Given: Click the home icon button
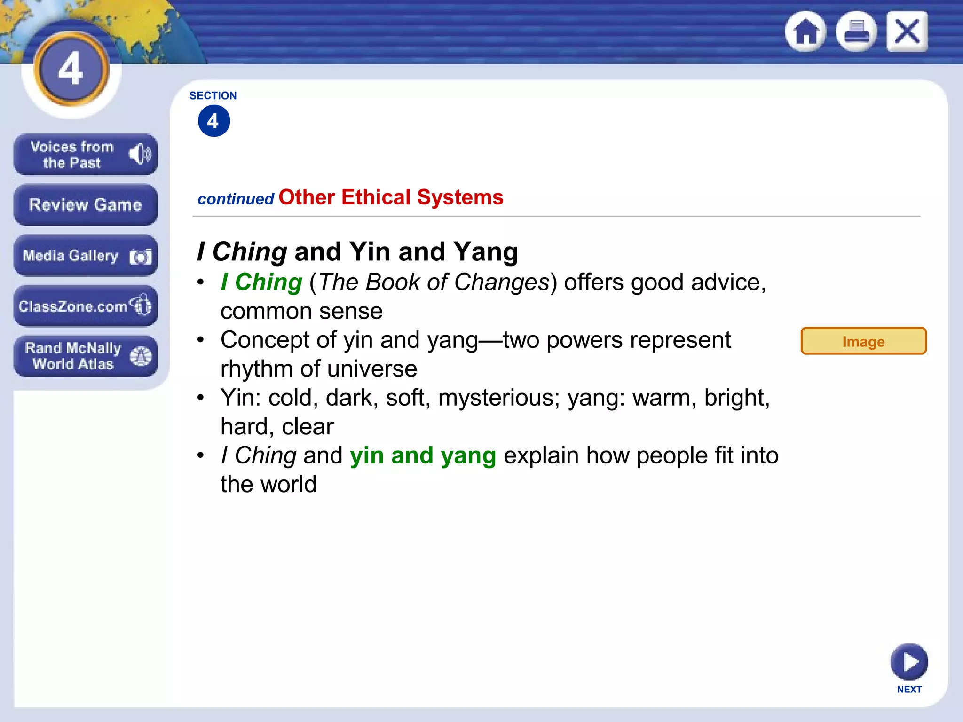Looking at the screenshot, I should pos(806,32).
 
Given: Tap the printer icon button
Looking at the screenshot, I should pos(856,32).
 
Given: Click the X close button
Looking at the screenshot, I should pos(907,32).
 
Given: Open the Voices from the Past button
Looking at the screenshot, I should pos(85,155).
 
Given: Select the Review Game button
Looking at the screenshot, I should pos(85,205).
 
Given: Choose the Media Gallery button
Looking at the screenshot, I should pos(85,256).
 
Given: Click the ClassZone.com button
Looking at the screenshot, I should pos(85,306).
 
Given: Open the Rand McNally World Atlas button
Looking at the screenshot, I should pos(85,356).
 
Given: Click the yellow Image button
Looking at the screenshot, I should pos(863,341).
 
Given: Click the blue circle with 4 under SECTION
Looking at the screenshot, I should pos(214,121).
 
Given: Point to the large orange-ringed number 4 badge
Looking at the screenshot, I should pos(71,69).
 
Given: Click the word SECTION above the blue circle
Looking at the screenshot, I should pos(213,96).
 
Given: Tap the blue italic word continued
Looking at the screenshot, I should pos(236,199).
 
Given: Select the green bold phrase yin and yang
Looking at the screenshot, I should pos(423,455).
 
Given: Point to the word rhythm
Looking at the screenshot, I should pos(256,369).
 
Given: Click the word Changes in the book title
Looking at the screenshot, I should pos(502,283).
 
